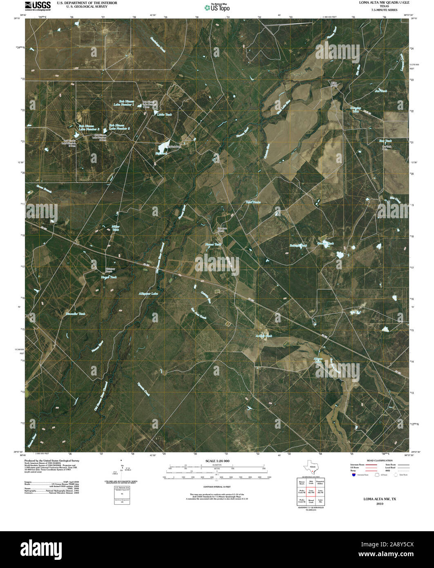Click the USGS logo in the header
click(x=38, y=5)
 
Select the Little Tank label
click(x=165, y=115)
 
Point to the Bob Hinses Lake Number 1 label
click(x=127, y=103)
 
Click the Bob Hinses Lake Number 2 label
click(x=119, y=127)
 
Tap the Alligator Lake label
click(x=148, y=293)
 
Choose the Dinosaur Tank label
click(x=76, y=313)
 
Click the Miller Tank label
click(x=116, y=228)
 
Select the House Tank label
click(x=213, y=244)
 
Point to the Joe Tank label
click(x=380, y=91)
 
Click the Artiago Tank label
click(x=264, y=336)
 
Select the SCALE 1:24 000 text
click(x=217, y=461)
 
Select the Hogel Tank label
click(x=109, y=277)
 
